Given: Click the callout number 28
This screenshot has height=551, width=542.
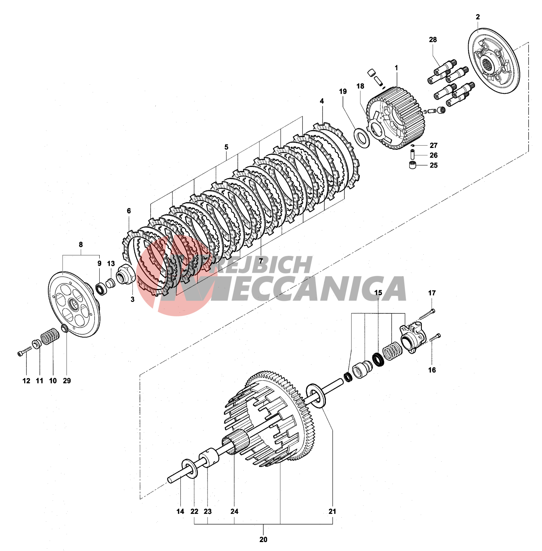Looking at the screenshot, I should point(433,40).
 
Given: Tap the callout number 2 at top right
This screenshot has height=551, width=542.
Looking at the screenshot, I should point(478,17).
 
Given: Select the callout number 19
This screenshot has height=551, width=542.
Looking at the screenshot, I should point(343,91).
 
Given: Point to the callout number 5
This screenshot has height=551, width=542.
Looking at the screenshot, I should point(226,147).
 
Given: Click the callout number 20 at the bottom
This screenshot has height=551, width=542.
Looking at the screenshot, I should point(263,539).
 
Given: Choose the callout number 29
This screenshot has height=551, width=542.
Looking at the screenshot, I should point(67,381).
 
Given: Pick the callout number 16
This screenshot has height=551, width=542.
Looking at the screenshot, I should point(432,370).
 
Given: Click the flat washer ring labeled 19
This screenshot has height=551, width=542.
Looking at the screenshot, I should point(361,138).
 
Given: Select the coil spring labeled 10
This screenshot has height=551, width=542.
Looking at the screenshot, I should point(50,336).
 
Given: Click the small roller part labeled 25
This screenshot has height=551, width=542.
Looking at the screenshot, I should point(412,165).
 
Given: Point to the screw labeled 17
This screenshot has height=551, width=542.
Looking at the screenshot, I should point(427,315).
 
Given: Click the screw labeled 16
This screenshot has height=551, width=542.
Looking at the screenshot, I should point(434,338).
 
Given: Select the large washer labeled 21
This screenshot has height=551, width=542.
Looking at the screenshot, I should point(316,396).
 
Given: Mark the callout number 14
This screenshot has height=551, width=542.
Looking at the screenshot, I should point(180,512).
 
